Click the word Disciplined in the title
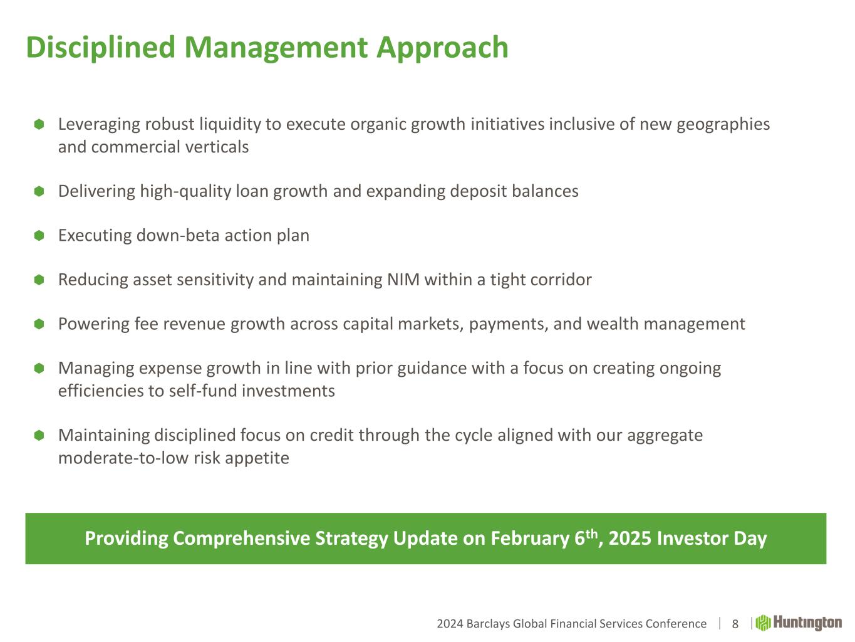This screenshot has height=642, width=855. [x=100, y=47]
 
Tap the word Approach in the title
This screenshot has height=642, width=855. [x=442, y=48]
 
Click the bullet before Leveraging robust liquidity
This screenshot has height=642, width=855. [x=39, y=124]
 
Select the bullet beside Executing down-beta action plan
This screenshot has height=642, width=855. [x=39, y=236]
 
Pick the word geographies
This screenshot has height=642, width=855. [x=723, y=125]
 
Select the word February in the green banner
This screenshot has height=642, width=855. [x=530, y=539]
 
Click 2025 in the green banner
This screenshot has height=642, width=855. [x=630, y=539]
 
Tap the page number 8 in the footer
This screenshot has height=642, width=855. [x=735, y=624]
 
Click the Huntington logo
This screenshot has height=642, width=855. [x=799, y=623]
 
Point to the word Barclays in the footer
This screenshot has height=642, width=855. [x=489, y=624]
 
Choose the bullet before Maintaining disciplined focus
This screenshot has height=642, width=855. [x=39, y=435]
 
